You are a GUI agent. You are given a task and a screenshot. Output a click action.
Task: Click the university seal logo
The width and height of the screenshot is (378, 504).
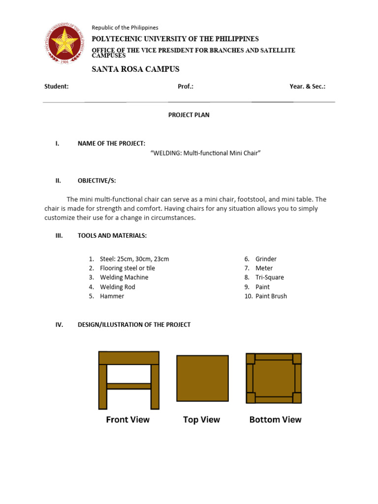coord(66,45)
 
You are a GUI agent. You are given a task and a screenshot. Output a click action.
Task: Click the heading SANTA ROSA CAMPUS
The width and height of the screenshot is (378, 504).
coord(135,69)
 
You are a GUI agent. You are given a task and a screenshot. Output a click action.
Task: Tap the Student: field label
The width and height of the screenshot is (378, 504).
coord(57,87)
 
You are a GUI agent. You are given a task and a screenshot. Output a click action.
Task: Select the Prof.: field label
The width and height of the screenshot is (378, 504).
coord(186,87)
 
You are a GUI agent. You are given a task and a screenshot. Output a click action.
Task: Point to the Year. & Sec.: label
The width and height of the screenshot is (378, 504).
coord(307,87)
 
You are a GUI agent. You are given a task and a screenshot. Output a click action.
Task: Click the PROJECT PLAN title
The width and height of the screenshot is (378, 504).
coord(189,115)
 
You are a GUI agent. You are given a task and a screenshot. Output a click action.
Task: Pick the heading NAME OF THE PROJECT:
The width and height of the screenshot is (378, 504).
coord(111,143)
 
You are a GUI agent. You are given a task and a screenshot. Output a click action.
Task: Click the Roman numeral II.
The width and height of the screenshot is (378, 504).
coord(58,181)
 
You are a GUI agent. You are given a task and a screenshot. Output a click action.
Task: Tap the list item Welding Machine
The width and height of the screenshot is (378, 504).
coord(124,278)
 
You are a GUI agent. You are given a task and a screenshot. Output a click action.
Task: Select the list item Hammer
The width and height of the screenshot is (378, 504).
coord(112,296)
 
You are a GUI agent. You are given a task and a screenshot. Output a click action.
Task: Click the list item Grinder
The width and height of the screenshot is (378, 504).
coord(266,259)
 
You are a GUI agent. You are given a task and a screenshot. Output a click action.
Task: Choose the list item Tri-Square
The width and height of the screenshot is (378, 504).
coord(270,278)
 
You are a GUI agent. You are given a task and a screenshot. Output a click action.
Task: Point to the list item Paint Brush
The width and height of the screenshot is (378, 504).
coord(271,296)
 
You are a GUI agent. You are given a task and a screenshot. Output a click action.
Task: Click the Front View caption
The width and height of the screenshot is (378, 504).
coord(128,420)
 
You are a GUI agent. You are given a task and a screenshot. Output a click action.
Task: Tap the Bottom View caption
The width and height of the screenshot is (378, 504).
coord(275,420)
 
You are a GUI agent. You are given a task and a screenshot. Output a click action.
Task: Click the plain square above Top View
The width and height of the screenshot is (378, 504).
coord(202,378)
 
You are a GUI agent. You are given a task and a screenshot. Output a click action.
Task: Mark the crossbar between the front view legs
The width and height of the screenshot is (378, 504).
coord(128,386)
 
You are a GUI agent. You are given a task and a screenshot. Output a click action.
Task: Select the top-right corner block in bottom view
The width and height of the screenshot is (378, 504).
coord(297,358)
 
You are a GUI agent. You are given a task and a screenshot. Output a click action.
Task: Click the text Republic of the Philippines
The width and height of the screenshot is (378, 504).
coord(125,28)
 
